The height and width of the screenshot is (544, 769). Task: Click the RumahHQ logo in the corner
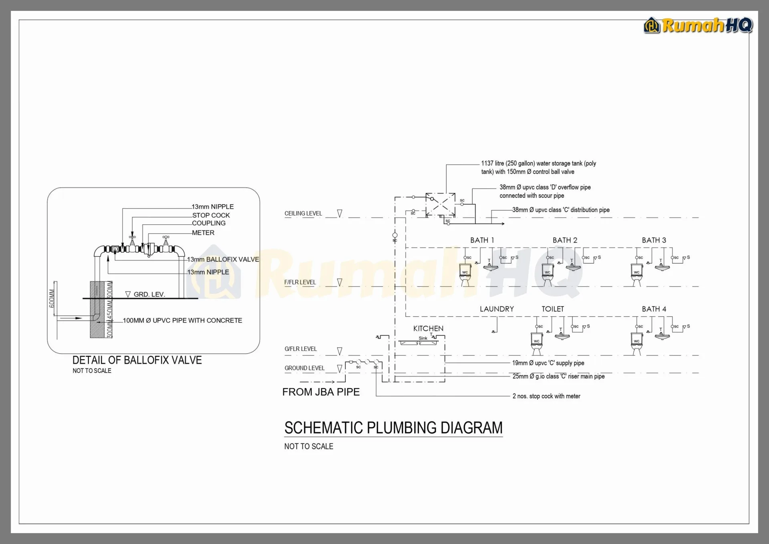(x=698, y=26)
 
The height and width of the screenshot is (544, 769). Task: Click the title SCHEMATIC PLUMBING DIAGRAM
(x=393, y=428)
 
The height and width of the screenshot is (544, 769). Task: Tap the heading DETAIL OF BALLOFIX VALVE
(x=137, y=360)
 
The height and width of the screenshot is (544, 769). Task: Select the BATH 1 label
(x=482, y=240)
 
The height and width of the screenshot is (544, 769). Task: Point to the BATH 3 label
(x=654, y=240)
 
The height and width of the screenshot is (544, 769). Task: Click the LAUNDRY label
(x=497, y=309)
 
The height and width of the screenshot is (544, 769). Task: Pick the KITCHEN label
(x=428, y=328)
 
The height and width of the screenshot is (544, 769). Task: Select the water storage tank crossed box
(x=440, y=204)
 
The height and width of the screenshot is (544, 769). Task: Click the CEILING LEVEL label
(x=303, y=214)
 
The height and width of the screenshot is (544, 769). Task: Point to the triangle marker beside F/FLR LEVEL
(x=340, y=282)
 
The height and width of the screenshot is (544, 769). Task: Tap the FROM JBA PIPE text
(x=321, y=392)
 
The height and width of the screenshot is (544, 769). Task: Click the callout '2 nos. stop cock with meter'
(x=546, y=396)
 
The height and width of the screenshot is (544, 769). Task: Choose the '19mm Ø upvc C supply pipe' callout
(x=548, y=363)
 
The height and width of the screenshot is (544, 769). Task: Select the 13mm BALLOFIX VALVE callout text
(x=223, y=260)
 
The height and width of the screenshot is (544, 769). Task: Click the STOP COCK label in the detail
(x=211, y=215)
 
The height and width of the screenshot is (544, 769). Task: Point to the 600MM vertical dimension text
(x=52, y=298)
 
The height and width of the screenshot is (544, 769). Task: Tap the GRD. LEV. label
(x=149, y=294)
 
